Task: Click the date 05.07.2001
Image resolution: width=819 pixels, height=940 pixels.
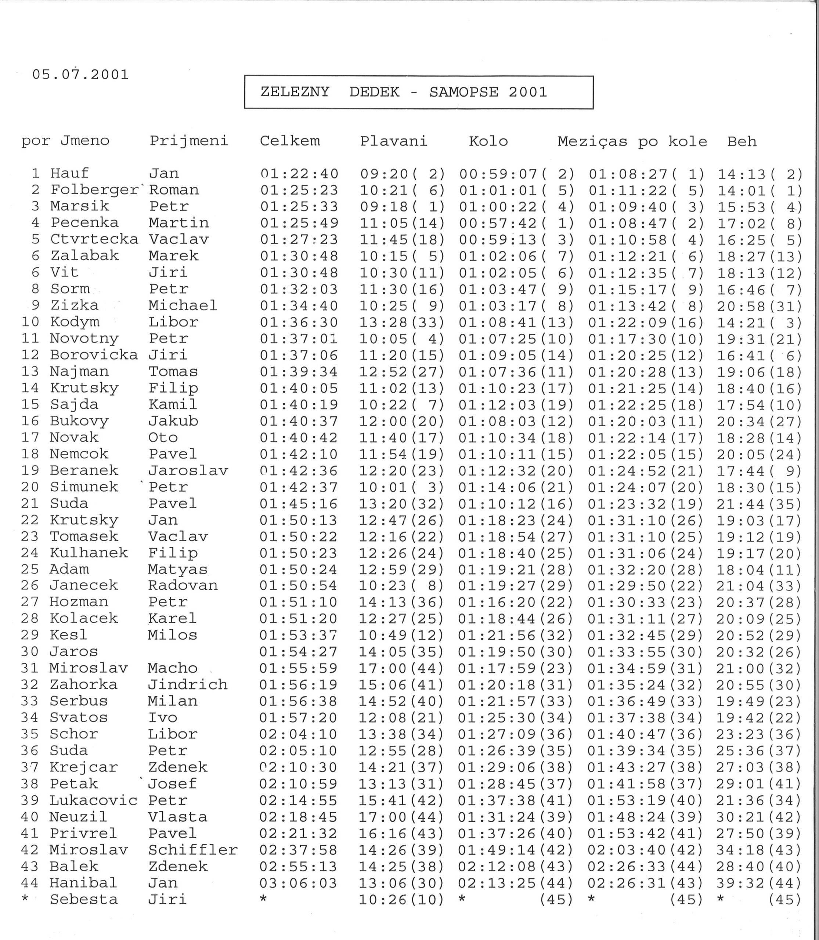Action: click(x=80, y=75)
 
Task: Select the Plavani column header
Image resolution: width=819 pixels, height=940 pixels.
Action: click(x=393, y=141)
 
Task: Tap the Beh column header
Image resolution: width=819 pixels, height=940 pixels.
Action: click(x=742, y=142)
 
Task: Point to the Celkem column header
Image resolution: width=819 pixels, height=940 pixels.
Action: click(x=290, y=141)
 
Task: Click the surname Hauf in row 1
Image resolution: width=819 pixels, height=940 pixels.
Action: click(x=69, y=174)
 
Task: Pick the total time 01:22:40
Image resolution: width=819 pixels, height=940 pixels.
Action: click(x=299, y=174)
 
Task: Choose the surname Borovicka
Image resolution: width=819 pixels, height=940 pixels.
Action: click(x=94, y=355)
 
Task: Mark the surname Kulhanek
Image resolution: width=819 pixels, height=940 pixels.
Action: click(x=89, y=553)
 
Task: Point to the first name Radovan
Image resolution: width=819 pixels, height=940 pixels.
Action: click(x=183, y=585)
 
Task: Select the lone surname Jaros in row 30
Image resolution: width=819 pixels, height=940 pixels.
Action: click(x=73, y=652)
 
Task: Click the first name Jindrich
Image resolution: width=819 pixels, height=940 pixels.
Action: click(x=188, y=684)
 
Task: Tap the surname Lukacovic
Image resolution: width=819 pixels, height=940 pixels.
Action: click(x=93, y=800)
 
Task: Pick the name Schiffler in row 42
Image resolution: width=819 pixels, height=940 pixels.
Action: click(x=193, y=850)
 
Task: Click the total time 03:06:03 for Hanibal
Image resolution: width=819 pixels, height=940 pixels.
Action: click(x=298, y=883)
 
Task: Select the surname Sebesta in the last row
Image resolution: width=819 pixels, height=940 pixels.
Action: click(x=84, y=899)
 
